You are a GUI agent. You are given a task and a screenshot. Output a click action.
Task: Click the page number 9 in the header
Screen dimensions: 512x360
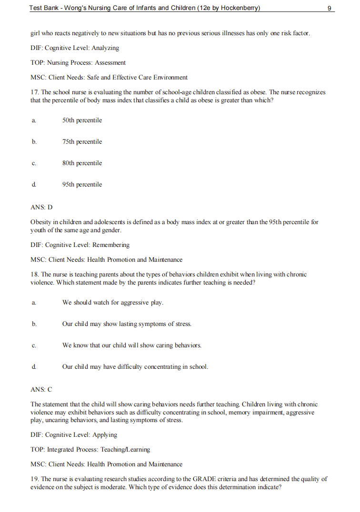[x=330, y=8]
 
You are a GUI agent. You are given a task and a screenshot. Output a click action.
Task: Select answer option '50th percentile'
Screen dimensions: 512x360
[x=82, y=120]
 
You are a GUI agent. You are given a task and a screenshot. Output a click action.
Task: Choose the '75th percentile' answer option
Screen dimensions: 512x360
[x=82, y=142]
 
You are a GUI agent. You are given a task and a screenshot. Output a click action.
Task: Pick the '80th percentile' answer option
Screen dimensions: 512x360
[x=82, y=163]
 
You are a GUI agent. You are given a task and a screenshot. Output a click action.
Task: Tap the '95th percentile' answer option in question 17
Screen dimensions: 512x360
[x=82, y=185]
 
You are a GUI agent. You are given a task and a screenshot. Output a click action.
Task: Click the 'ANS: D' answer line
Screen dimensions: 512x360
[x=41, y=207]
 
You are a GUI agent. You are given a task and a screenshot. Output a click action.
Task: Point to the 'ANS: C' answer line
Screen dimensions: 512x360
[x=41, y=389]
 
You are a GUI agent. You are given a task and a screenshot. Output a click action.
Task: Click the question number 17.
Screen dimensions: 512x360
[x=34, y=92]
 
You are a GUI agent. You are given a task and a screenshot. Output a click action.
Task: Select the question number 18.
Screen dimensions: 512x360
[x=34, y=275]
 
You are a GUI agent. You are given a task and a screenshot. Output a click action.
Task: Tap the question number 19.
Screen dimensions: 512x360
[x=34, y=479]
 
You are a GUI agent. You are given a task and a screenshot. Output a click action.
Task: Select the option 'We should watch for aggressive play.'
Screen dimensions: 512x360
[x=113, y=303]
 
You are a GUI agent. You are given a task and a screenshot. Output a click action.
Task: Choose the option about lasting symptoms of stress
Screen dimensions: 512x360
[x=127, y=324]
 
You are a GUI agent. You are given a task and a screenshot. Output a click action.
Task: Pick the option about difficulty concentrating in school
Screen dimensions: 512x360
[x=135, y=367]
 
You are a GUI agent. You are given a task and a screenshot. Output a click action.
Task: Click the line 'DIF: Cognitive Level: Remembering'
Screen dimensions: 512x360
[x=80, y=245]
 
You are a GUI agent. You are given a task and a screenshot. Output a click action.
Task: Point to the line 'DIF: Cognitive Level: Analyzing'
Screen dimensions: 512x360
[x=75, y=48]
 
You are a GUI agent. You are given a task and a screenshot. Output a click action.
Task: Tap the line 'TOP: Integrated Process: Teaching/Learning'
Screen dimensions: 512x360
[x=90, y=450]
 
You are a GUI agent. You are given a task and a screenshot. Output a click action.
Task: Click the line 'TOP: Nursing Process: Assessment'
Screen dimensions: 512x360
[x=78, y=63]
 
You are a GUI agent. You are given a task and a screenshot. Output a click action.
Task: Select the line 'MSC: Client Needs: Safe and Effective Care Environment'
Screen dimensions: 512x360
[x=109, y=78]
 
